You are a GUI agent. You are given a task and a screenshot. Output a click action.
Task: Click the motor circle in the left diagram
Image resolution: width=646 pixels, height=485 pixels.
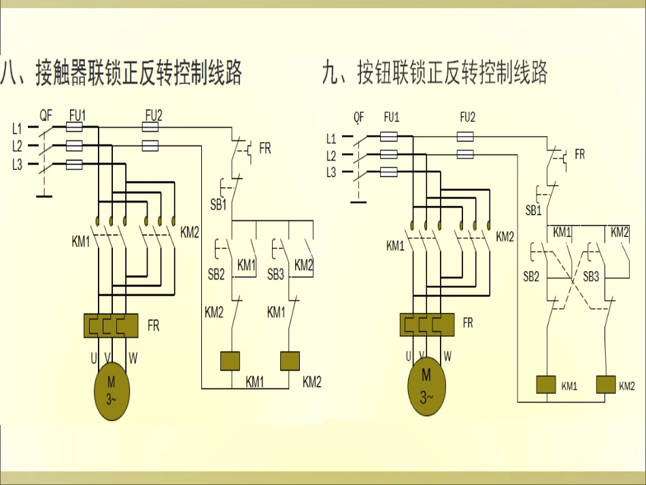tap(111, 392)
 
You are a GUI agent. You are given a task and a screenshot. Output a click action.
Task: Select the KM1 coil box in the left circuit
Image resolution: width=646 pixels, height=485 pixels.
tap(232, 361)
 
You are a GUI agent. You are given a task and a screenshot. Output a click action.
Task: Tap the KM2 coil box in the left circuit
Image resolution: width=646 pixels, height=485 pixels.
tap(290, 361)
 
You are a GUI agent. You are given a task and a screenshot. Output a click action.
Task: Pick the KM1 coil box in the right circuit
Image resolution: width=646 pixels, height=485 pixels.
tap(547, 384)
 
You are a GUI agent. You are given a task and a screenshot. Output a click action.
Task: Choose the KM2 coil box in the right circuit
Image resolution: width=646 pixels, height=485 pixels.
tap(606, 384)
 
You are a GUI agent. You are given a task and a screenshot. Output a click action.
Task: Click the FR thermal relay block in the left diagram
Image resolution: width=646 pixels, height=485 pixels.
tap(111, 325)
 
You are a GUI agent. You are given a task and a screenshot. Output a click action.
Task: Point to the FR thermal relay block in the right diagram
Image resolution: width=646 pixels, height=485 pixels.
tap(426, 324)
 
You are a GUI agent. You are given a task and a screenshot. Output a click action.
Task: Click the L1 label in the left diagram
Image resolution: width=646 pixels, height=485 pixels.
tap(17, 128)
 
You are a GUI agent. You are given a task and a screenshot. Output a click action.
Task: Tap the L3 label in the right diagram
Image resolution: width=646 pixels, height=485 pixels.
tap(331, 172)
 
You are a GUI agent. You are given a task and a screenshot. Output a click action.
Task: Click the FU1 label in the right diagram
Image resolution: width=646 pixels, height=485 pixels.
tap(391, 117)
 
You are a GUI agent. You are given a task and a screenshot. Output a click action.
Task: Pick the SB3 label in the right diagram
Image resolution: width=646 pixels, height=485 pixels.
tap(591, 277)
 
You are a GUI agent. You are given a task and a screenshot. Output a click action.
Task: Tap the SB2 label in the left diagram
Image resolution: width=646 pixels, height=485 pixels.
tap(216, 274)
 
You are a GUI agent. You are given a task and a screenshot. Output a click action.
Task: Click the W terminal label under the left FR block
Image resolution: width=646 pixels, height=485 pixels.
tap(133, 357)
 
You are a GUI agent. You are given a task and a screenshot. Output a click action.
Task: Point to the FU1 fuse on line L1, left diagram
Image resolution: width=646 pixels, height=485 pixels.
tap(74, 127)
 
